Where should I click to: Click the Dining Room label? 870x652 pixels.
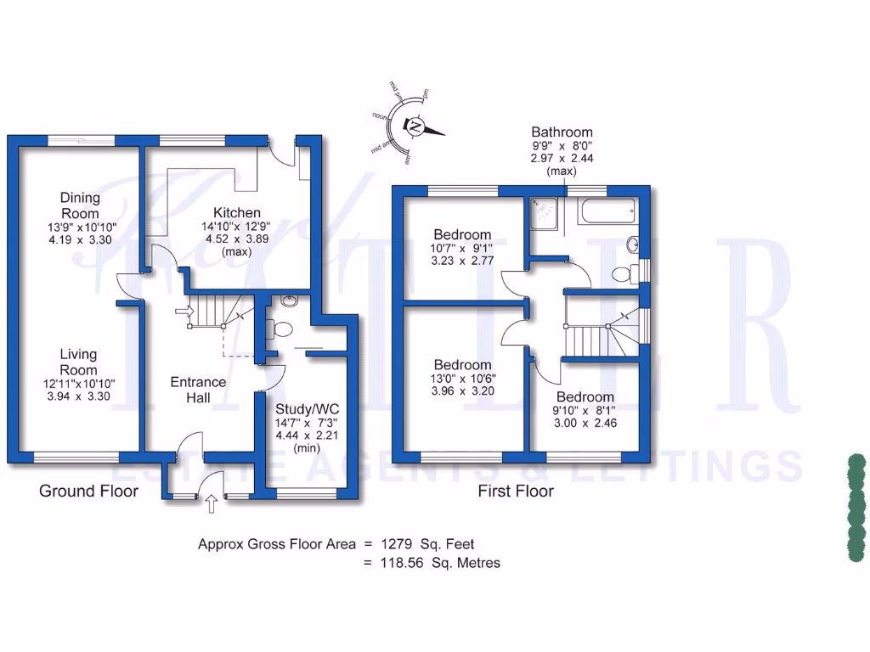79,205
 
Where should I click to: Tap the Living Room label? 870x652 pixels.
78,362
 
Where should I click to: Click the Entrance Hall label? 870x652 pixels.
198,390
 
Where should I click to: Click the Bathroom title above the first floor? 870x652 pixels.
562,132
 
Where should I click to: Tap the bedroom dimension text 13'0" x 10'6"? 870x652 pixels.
462,379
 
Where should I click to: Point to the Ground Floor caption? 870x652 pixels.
88,491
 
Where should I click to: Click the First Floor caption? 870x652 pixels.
516,491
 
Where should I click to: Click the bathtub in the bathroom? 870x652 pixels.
607,211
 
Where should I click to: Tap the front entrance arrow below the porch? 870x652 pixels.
211,506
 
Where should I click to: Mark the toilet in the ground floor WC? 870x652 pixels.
280,330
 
